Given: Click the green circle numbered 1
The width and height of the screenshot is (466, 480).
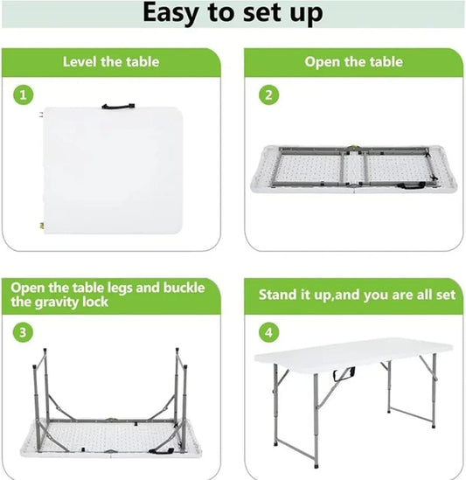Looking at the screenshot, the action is (23, 95).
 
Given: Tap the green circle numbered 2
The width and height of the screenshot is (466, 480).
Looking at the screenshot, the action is (268, 95).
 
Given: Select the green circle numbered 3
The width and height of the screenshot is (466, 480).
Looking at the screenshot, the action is (23, 332).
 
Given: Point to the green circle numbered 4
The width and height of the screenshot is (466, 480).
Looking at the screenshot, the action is (268, 332).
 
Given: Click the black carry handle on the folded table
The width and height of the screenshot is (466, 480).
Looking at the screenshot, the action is (118, 107).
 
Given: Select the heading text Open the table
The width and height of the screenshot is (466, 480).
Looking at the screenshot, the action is (353, 62).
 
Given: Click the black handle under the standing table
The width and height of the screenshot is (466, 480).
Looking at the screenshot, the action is (344, 375).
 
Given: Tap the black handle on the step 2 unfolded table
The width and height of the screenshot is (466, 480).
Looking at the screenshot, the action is (411, 184).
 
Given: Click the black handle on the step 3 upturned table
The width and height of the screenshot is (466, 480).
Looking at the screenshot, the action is (162, 450).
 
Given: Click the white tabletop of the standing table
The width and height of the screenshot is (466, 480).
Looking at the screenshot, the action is (353, 351).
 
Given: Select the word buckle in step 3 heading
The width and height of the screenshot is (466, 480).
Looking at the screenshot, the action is (184, 288).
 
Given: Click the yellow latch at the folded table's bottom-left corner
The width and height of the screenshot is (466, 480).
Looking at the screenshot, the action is (42, 226).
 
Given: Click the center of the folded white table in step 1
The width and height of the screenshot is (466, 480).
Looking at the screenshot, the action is (114, 170).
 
